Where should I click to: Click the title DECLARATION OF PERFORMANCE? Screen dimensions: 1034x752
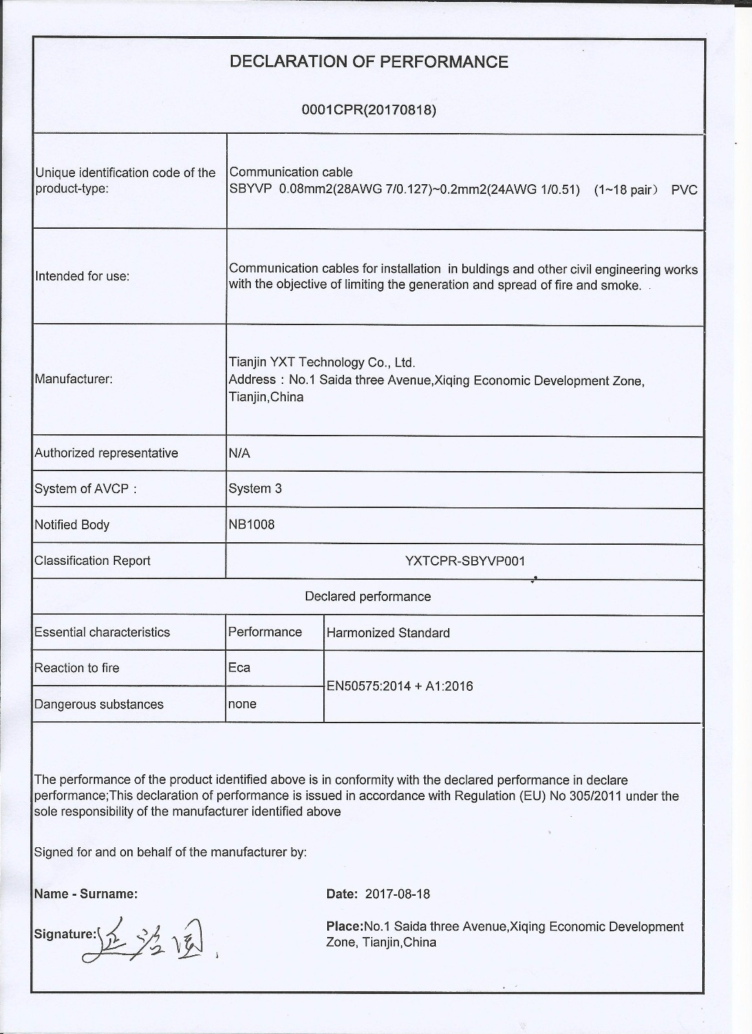(369, 62)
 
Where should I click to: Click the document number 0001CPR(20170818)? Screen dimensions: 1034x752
(369, 110)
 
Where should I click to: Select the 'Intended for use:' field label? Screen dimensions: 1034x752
(82, 277)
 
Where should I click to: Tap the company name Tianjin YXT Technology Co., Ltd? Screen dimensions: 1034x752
(322, 363)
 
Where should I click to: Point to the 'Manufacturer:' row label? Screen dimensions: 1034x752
(73, 379)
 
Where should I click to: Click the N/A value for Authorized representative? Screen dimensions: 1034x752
(239, 454)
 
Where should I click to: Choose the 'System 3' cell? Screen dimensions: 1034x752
(255, 489)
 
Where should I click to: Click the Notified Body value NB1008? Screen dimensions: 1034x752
(252, 525)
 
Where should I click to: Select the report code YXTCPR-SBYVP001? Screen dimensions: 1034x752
(465, 561)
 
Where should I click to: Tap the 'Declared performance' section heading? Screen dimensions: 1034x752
(368, 596)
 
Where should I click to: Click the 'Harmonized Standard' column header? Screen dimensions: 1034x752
(388, 633)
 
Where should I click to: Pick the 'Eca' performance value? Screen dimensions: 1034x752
(239, 668)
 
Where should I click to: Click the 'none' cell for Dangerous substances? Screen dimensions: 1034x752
(242, 704)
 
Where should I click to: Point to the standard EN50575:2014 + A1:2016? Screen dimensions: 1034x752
(400, 686)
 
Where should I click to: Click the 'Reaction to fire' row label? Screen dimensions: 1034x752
(77, 668)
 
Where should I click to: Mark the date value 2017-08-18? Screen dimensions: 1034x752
(397, 894)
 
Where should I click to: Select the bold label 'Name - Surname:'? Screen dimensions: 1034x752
(86, 894)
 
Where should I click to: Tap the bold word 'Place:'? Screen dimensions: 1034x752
(345, 927)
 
